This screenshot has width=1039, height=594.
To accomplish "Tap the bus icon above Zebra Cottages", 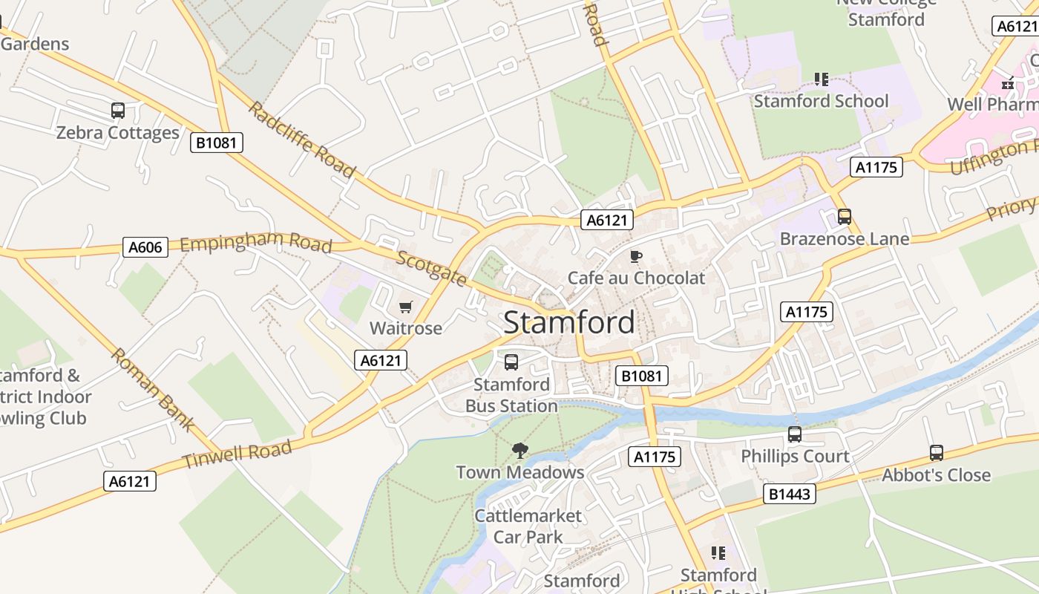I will (x=118, y=111).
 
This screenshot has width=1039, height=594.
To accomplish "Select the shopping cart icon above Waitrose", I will (x=405, y=307).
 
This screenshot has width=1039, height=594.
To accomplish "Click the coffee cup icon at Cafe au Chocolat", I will (x=635, y=256).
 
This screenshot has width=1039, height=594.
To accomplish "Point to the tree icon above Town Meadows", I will (x=520, y=449).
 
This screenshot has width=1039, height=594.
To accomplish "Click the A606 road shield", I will (x=145, y=247).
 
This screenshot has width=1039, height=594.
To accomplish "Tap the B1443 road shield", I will (x=790, y=494).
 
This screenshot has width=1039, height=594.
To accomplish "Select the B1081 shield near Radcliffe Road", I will (x=217, y=143).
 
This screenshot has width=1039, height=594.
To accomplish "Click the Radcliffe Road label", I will (x=301, y=140).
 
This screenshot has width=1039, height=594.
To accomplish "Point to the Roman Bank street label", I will (x=153, y=390).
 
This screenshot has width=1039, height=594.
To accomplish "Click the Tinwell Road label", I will (x=237, y=454).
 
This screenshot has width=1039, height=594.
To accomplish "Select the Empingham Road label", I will (x=255, y=244).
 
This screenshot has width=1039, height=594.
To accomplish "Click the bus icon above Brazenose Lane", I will (x=844, y=217).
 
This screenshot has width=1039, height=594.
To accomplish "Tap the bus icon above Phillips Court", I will (x=795, y=434).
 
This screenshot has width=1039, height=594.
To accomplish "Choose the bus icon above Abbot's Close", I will (x=937, y=453).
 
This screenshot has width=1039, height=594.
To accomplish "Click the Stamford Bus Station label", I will (x=511, y=395).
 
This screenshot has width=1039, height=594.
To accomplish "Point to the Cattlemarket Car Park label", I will (x=528, y=526).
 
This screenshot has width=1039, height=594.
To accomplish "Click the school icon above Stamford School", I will (x=821, y=79).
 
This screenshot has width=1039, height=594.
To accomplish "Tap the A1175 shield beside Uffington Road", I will (x=876, y=167).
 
